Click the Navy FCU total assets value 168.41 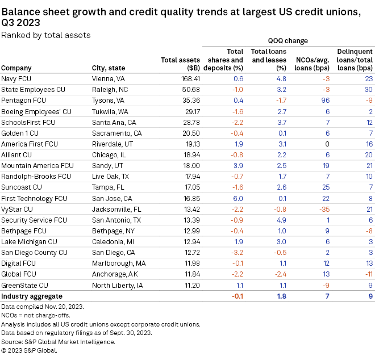tap(189, 79)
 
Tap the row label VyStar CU tap(16, 209)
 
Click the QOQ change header tap(287, 41)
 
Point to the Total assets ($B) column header tap(180, 64)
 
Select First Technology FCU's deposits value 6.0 tap(238, 198)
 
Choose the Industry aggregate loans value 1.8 tap(281, 296)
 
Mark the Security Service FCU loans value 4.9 tap(281, 220)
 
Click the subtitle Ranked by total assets tap(45, 35)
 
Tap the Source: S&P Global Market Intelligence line tap(59, 341)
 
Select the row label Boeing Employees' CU tap(36, 111)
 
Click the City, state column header tap(109, 68)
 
